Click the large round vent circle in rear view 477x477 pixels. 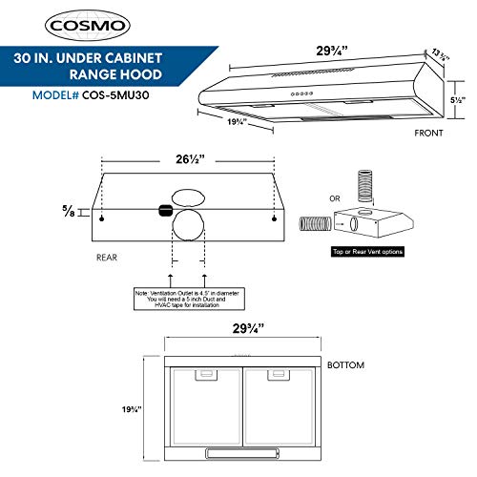187,233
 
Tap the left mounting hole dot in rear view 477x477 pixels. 99,218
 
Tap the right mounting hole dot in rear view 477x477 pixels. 274,218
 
